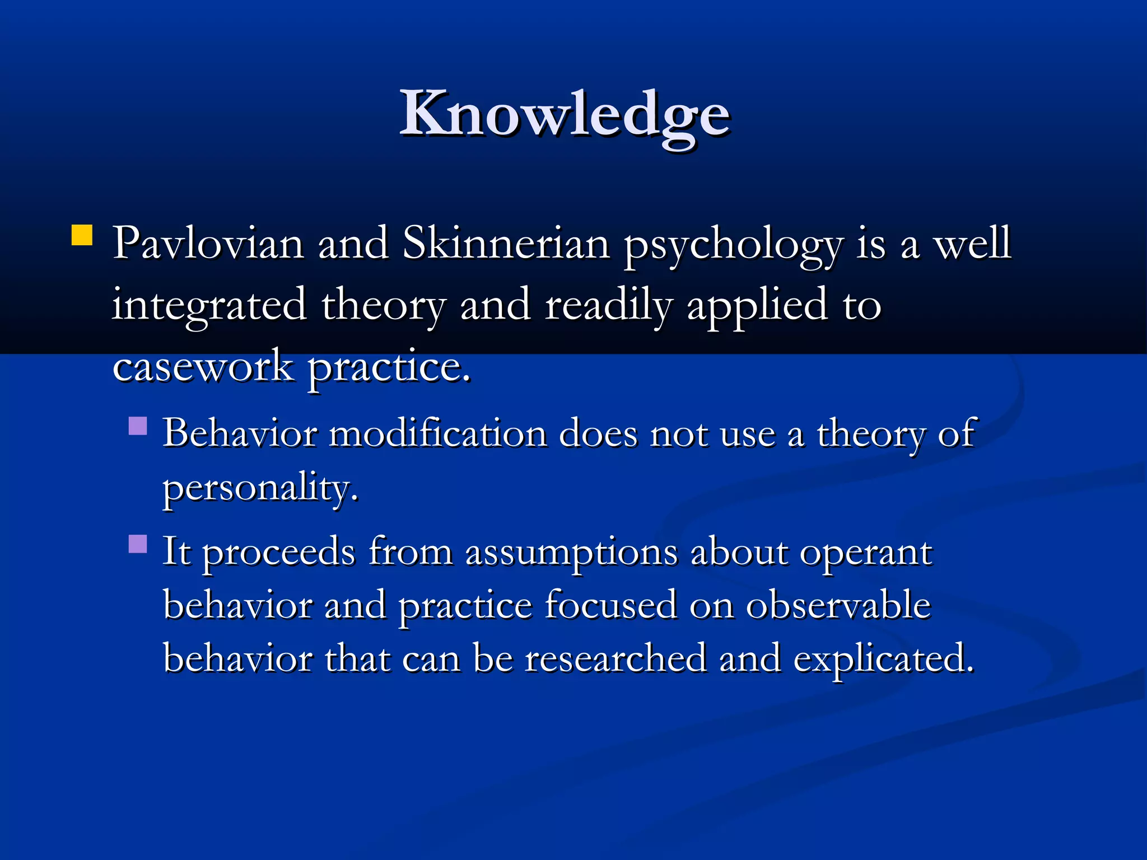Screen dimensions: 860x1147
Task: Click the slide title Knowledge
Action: point(565,115)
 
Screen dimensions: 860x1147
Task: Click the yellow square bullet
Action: point(82,236)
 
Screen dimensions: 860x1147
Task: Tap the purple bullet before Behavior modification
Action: point(138,426)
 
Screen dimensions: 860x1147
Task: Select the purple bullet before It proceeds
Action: point(138,544)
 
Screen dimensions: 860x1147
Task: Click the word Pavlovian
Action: point(208,244)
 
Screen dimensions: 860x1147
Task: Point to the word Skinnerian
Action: point(506,244)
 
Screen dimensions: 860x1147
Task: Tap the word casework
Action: point(203,367)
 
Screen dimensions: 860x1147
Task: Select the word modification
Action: point(438,434)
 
